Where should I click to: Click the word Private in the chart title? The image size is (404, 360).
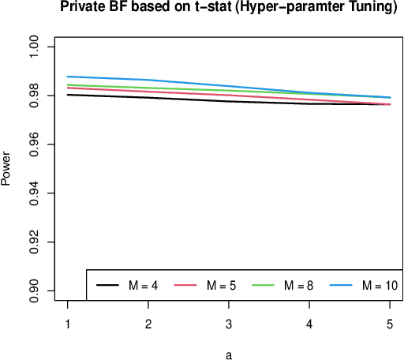click(84, 10)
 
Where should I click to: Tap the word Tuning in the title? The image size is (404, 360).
click(370, 10)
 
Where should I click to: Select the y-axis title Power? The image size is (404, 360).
click(6, 169)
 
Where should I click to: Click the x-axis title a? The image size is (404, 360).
click(229, 354)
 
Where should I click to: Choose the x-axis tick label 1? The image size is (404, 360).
click(67, 324)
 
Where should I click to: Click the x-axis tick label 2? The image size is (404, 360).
click(148, 324)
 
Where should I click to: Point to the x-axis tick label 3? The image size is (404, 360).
click(229, 324)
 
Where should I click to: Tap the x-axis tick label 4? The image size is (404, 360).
click(309, 324)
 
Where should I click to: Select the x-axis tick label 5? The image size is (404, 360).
click(390, 324)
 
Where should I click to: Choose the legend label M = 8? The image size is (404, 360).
click(298, 285)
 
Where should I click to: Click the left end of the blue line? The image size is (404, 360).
click(67, 77)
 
